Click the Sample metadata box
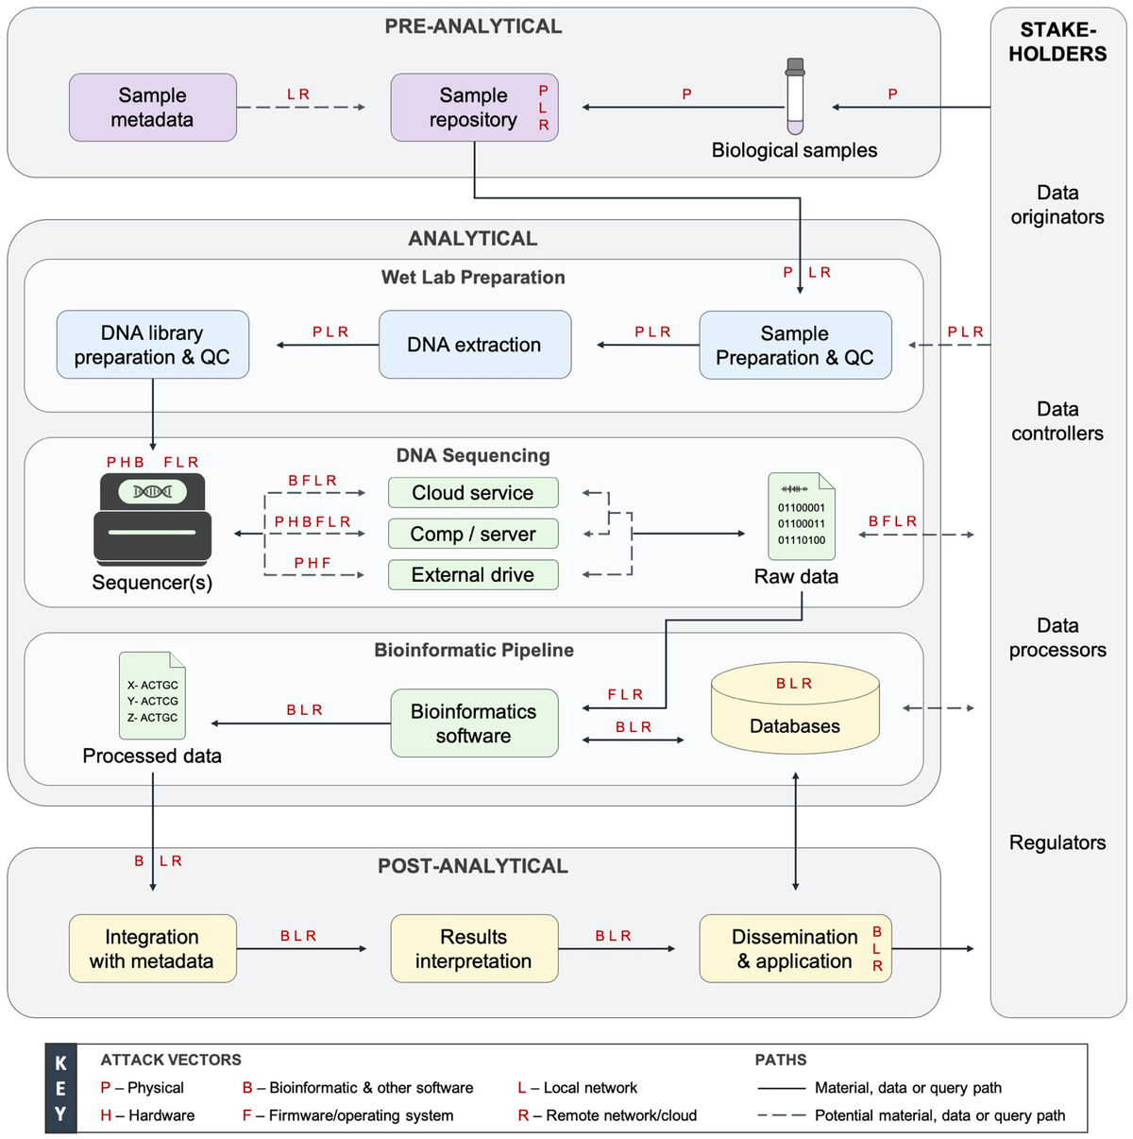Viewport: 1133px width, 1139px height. point(152,108)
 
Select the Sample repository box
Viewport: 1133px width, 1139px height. point(474,108)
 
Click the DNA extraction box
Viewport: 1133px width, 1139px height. point(474,345)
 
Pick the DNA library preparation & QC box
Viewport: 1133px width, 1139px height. point(152,345)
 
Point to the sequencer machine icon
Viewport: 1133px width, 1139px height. point(152,520)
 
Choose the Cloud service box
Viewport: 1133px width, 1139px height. point(472,493)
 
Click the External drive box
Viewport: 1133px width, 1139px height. point(472,575)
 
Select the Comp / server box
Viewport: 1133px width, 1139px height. point(472,534)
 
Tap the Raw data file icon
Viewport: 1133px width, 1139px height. point(801,517)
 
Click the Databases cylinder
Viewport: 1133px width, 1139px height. point(795,708)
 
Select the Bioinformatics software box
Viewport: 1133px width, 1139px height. point(474,723)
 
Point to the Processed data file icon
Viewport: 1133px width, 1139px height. point(152,696)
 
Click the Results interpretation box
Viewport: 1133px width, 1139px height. point(474,948)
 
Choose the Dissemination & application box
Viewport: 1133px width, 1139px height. point(795,948)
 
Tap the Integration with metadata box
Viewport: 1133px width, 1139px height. point(152,948)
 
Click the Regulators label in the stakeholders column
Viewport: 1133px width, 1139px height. point(1057,842)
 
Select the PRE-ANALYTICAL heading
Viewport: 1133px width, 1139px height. point(473,26)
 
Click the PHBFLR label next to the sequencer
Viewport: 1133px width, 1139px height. point(313,522)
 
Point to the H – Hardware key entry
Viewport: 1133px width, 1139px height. point(148,1115)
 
